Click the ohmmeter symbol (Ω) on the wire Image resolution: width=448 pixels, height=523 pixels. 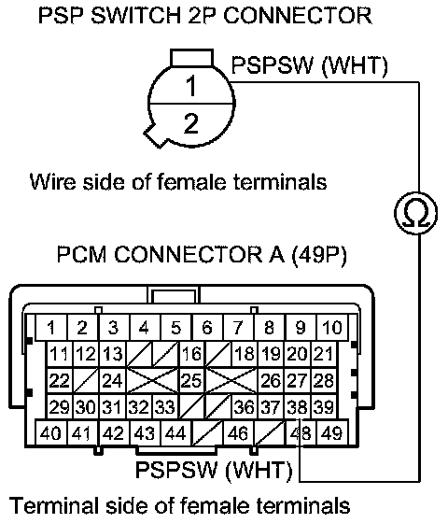tap(415, 213)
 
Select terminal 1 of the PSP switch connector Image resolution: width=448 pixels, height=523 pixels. tap(191, 85)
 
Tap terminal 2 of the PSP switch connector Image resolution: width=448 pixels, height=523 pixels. tap(191, 124)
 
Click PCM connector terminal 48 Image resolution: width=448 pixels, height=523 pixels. tap(301, 432)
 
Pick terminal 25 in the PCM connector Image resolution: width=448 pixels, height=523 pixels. tap(191, 381)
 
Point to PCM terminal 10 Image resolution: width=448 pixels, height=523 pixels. tap(332, 327)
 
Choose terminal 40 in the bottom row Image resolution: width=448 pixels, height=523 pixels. tap(51, 432)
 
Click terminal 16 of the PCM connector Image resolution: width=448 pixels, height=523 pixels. tap(191, 354)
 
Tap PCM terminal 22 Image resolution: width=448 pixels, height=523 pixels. tap(60, 381)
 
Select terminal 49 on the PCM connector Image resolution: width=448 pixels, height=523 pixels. tap(332, 432)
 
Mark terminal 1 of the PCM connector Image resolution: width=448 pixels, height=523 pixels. tap(51, 327)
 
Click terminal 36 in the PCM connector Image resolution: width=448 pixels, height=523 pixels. tap(245, 406)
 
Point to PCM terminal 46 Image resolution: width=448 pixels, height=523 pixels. tap(238, 432)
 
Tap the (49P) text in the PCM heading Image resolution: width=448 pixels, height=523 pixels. tap(319, 255)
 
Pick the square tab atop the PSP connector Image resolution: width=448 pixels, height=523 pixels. tap(191, 58)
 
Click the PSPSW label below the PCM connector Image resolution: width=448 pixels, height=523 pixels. tap(176, 469)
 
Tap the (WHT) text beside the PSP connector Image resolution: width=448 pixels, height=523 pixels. tap(355, 65)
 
